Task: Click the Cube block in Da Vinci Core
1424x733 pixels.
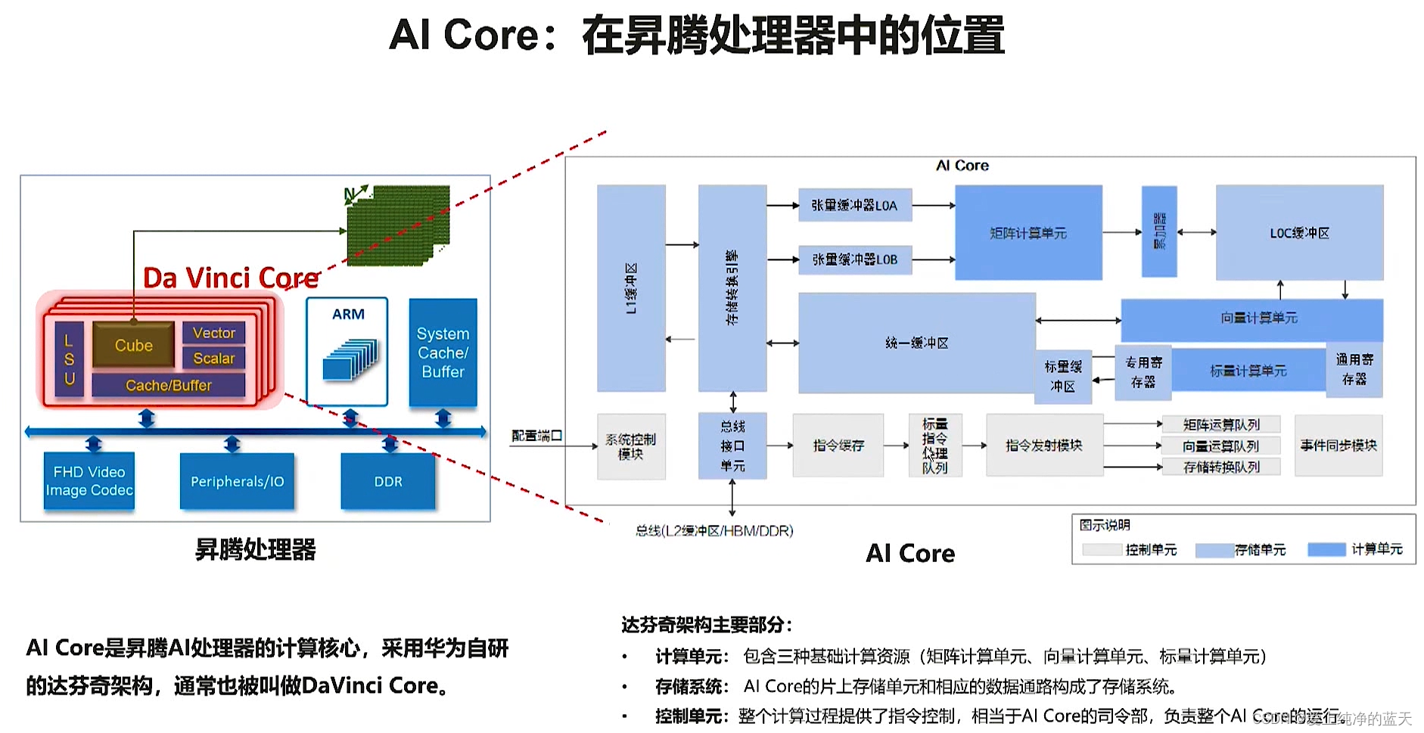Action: [134, 345]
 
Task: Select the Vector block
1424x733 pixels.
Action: [213, 333]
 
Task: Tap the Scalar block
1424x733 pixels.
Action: [213, 359]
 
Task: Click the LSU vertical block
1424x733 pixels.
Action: [69, 359]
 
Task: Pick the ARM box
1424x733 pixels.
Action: [347, 351]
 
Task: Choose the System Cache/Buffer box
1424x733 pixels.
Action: [443, 353]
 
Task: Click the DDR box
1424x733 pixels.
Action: [388, 481]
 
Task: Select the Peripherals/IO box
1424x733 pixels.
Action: [237, 481]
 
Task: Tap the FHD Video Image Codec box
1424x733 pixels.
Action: [89, 481]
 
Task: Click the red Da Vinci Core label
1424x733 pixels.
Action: [231, 278]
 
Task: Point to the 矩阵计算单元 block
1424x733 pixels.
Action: [1028, 233]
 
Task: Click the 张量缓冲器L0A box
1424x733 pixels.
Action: [854, 205]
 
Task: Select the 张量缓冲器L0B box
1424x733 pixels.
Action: [854, 259]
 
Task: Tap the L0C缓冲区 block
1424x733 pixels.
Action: [1299, 233]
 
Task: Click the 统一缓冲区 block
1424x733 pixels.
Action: [916, 343]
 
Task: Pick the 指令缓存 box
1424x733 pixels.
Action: [838, 446]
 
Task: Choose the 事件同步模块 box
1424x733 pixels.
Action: [1338, 446]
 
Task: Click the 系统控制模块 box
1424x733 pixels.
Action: [630, 446]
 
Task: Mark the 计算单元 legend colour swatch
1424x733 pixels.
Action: [1326, 549]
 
